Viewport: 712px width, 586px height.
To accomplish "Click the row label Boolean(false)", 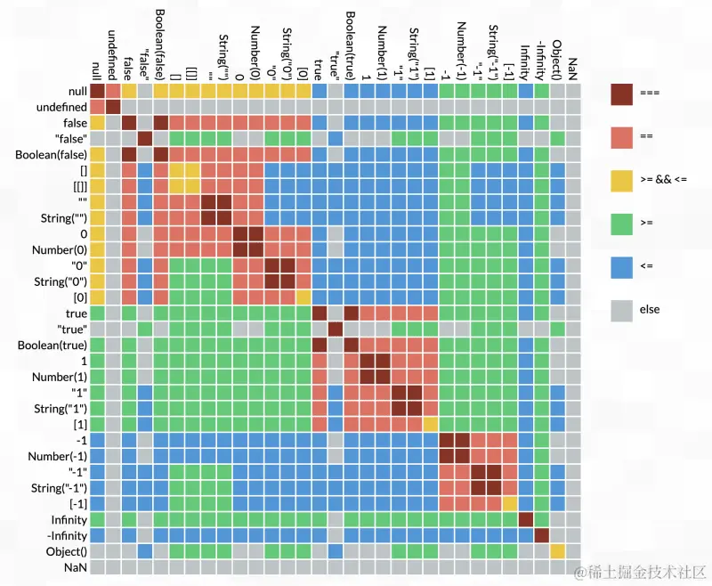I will pos(51,154).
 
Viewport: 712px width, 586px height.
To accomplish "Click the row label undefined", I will pos(61,107).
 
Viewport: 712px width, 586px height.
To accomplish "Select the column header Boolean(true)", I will pos(352,45).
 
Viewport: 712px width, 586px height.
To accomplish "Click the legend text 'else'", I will pos(650,310).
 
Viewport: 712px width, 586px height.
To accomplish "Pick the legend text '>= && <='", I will pos(663,180).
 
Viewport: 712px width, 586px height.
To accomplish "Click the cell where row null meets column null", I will pos(98,91).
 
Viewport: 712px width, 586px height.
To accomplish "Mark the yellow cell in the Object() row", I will pos(557,550).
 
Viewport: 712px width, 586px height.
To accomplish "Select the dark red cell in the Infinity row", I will pos(525,519).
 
